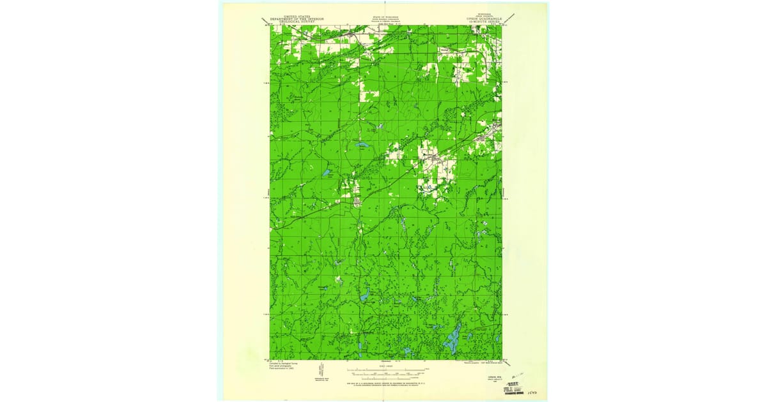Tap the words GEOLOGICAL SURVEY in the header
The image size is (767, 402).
tap(297, 22)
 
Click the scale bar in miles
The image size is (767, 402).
tap(386, 369)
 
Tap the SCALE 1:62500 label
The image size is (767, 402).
tap(386, 366)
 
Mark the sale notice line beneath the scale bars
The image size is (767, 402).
tap(386, 382)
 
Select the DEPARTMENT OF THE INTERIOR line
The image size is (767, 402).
tap(297, 19)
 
